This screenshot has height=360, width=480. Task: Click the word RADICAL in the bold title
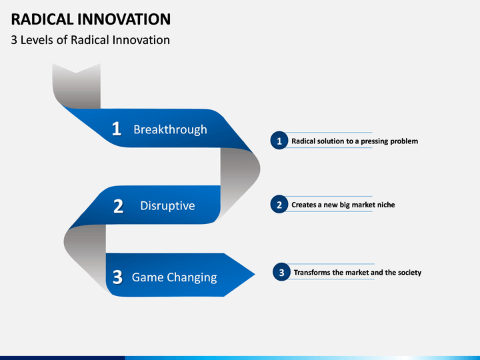coord(42,19)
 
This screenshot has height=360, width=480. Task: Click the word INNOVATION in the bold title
coord(124,19)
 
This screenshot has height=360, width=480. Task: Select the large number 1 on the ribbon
coord(116,129)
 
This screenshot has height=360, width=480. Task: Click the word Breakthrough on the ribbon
coord(170,129)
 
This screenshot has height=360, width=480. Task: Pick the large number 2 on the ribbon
coord(118,206)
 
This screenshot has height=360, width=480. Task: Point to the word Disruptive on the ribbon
coord(167,206)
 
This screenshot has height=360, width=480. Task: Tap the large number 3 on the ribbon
coord(117,277)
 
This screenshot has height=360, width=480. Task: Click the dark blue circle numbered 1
coord(279,141)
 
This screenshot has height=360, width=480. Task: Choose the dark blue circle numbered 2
coord(279,204)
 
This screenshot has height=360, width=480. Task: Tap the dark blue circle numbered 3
coord(281,272)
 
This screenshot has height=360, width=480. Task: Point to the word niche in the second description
coord(385,205)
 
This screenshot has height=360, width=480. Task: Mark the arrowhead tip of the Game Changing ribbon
coord(255,274)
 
